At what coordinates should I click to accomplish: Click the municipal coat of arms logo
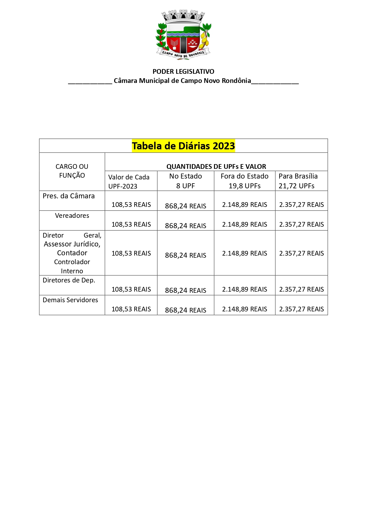[183, 35]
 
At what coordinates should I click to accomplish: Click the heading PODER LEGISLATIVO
[183, 71]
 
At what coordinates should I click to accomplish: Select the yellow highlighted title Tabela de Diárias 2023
[183, 146]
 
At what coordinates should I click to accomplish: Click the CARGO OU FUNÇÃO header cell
[72, 171]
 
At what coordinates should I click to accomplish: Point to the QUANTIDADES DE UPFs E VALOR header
[216, 166]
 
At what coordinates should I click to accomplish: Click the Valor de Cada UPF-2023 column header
[129, 181]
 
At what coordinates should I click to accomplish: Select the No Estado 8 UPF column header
[185, 181]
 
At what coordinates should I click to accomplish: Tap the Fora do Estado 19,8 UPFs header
[245, 181]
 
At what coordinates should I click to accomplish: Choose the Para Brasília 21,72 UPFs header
[298, 181]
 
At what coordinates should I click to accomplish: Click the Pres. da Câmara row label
[69, 196]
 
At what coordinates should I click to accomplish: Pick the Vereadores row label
[72, 215]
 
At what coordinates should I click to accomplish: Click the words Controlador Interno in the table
[72, 266]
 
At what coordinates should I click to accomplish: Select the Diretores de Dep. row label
[69, 280]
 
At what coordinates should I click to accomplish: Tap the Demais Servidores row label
[70, 300]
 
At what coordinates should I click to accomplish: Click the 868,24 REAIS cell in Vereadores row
[185, 226]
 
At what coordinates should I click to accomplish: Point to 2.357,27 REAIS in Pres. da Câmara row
[301, 205]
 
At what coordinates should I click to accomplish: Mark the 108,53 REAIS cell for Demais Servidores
[131, 309]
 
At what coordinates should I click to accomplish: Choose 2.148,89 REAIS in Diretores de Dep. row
[245, 289]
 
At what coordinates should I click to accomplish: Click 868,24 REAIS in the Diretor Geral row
[185, 255]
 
